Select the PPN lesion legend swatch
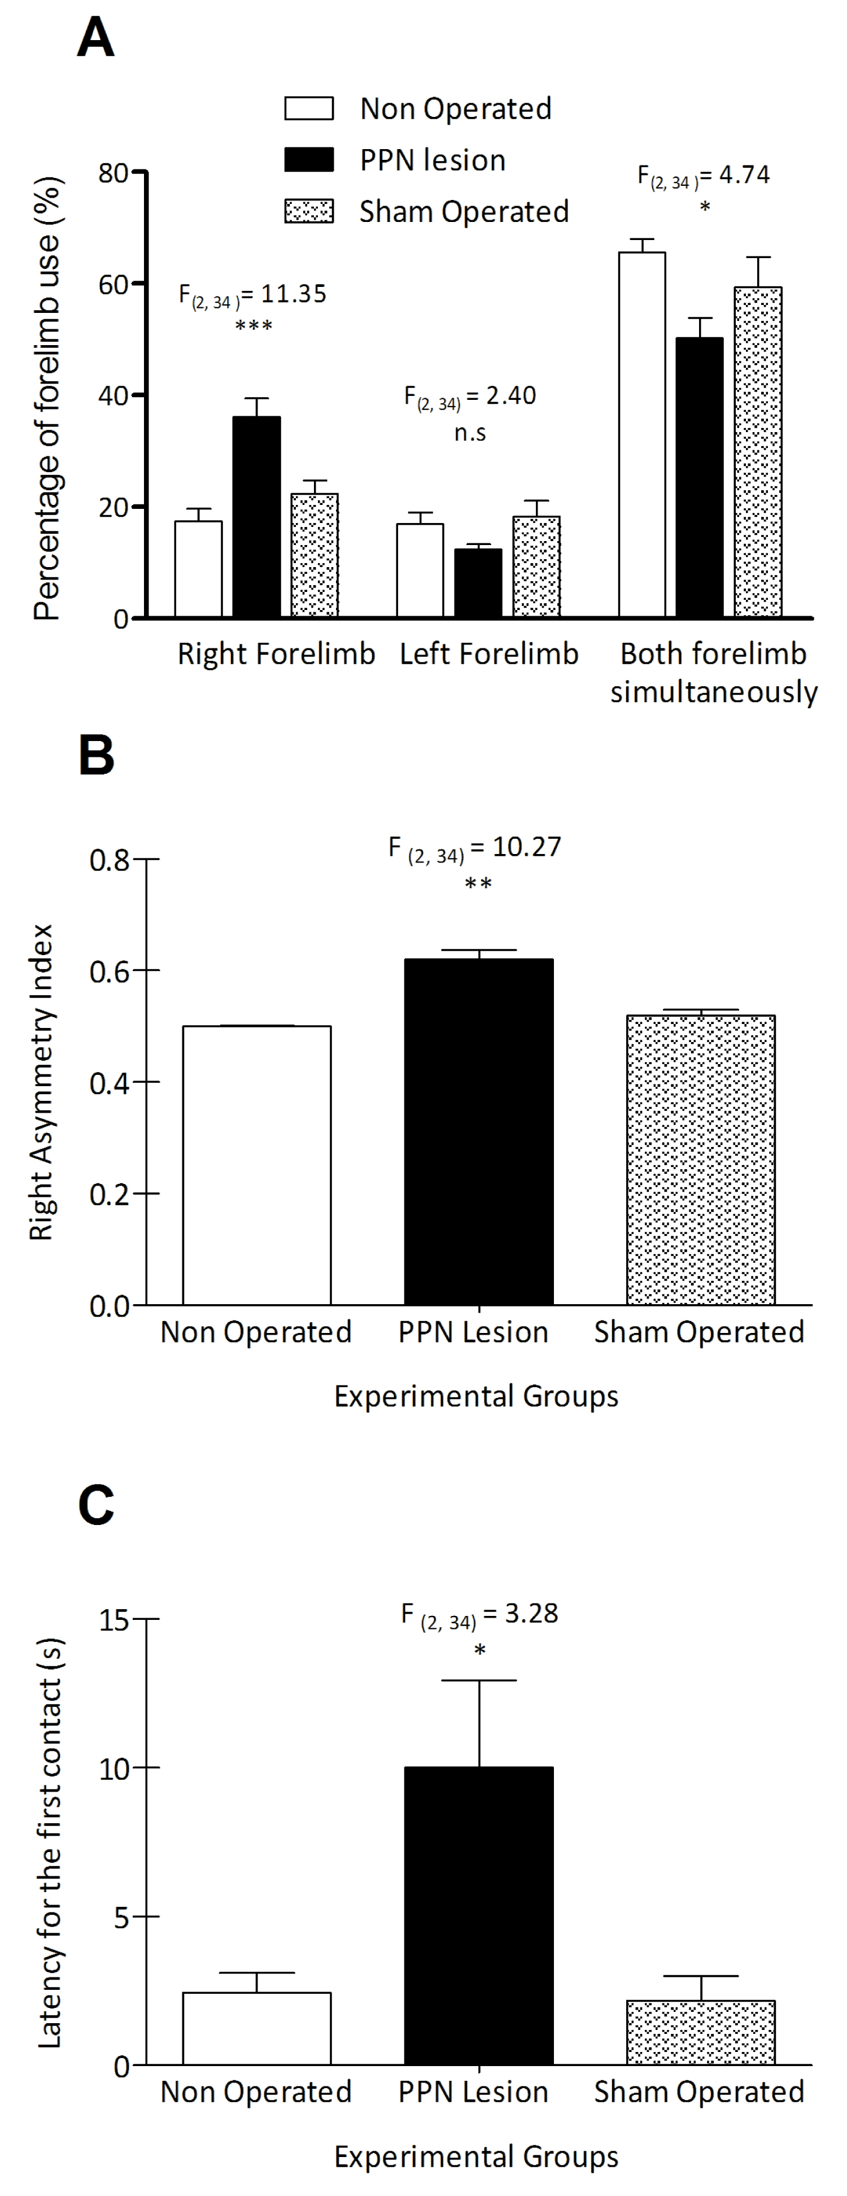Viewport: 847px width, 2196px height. coord(308,160)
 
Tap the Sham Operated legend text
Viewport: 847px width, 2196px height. coord(464,211)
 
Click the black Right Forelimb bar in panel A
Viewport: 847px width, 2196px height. coord(256,517)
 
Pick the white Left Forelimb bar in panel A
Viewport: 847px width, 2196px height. coord(420,569)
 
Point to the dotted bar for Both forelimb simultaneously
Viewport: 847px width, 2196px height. coord(758,452)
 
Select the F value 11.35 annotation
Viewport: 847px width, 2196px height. coord(253,295)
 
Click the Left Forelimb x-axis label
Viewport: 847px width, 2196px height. coord(489,654)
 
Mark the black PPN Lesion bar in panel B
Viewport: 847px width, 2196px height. coord(479,1131)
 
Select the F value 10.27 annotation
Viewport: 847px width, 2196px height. coord(475,848)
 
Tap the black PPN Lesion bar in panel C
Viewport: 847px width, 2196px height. coord(479,1915)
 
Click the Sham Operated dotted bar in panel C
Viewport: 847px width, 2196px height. coord(700,2032)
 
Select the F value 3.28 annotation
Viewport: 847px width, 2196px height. coord(480,1615)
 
